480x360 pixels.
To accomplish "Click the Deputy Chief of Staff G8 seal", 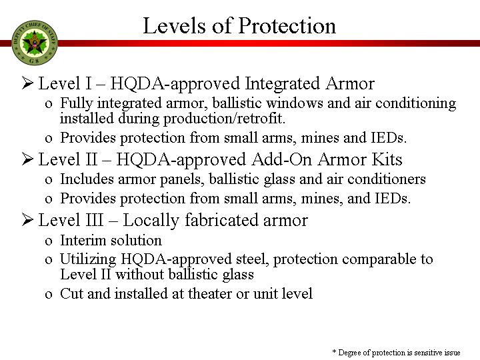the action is coord(34,43).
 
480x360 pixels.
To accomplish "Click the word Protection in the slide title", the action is coord(287,26).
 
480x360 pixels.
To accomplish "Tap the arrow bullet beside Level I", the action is coord(27,83).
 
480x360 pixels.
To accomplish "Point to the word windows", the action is coord(295,103).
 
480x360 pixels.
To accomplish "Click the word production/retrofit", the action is coord(224,119).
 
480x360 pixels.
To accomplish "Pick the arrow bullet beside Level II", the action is coord(27,159).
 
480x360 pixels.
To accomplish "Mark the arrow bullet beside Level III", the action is coord(27,220).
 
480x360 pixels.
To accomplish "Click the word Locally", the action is coord(151,221).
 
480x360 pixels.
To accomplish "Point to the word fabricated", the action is coord(221,220).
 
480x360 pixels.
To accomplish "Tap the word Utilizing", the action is coord(88,260).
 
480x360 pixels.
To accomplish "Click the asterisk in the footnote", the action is coord(334,352).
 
